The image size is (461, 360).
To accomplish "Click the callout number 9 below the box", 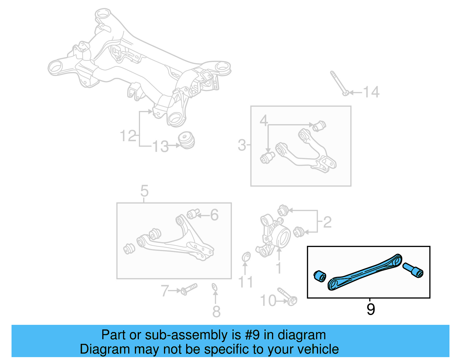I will pyautogui.click(x=371, y=309).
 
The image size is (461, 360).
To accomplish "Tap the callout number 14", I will pyautogui.click(x=371, y=92).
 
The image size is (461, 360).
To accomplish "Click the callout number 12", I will pyautogui.click(x=128, y=136).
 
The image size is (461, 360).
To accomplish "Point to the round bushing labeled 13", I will pyautogui.click(x=186, y=140).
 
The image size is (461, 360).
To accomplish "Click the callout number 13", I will pyautogui.click(x=160, y=146).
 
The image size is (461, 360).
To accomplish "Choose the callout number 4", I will pyautogui.click(x=264, y=120).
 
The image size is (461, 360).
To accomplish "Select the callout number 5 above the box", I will pyautogui.click(x=144, y=191).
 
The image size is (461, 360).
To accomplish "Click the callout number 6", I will pyautogui.click(x=214, y=215).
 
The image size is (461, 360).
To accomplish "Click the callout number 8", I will pyautogui.click(x=216, y=312).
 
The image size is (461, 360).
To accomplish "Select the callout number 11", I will pyautogui.click(x=245, y=282).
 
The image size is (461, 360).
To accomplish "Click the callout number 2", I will pyautogui.click(x=327, y=222).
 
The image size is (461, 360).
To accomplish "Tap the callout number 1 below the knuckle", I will pyautogui.click(x=279, y=268).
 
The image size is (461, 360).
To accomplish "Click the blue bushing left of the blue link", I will pyautogui.click(x=320, y=276).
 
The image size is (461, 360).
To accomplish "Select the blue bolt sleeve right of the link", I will pyautogui.click(x=413, y=270).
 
